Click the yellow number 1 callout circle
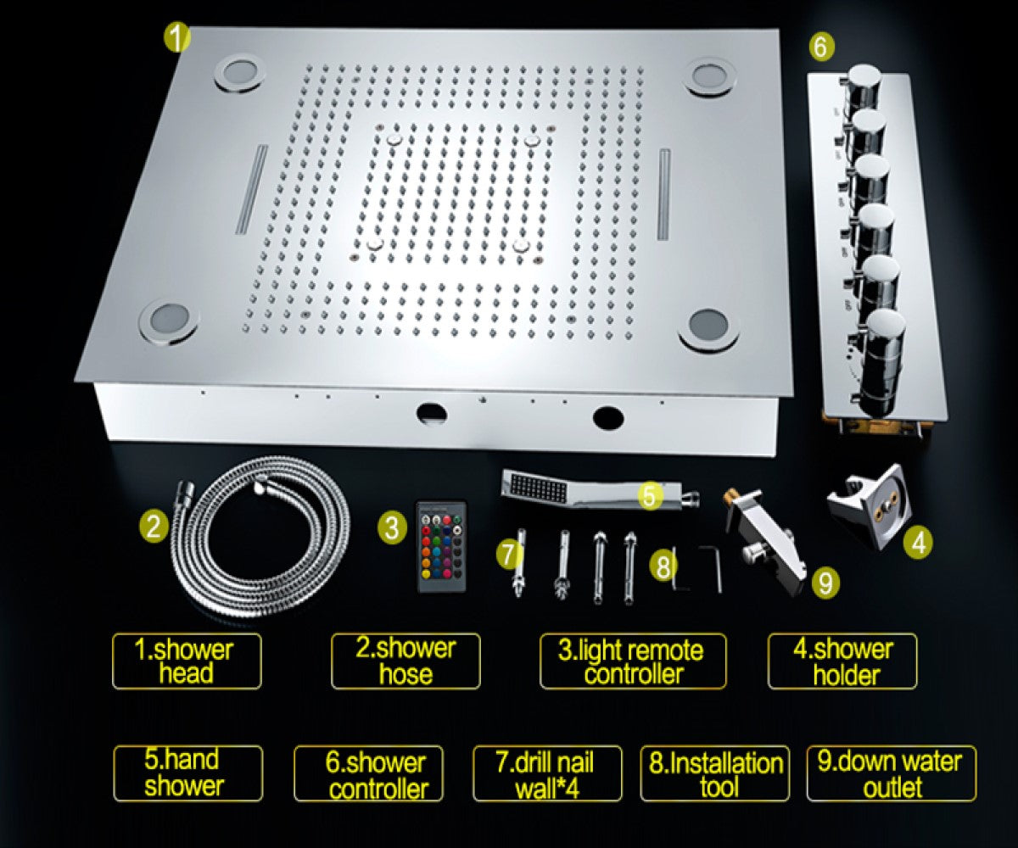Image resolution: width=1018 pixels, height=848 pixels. click(176, 39)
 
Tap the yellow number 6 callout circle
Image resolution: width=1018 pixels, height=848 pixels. click(819, 47)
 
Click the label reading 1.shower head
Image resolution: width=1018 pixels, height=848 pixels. click(187, 661)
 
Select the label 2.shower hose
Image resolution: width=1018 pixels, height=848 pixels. click(406, 661)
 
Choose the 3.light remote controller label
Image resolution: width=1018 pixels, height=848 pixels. click(633, 661)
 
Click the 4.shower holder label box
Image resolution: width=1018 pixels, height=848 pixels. click(842, 661)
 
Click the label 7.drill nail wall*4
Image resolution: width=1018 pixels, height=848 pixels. click(547, 773)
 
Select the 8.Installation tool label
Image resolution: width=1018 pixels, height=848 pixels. click(714, 773)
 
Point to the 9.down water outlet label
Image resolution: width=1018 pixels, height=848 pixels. click(891, 773)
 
